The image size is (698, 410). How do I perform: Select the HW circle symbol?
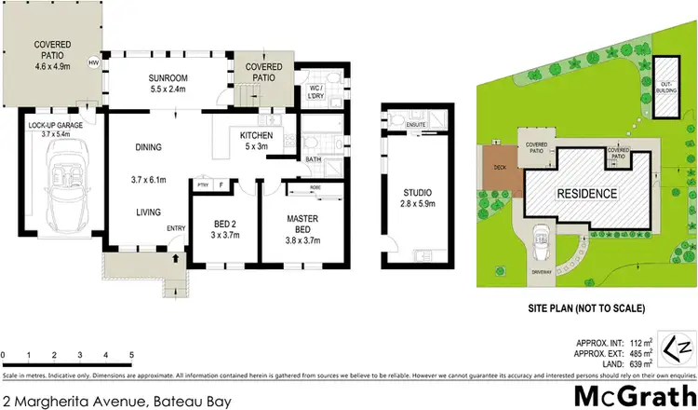(x=93, y=63)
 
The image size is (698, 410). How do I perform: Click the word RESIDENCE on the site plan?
(x=586, y=194)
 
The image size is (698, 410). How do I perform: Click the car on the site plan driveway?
(x=541, y=247)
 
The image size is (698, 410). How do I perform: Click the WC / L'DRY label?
(x=319, y=92)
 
